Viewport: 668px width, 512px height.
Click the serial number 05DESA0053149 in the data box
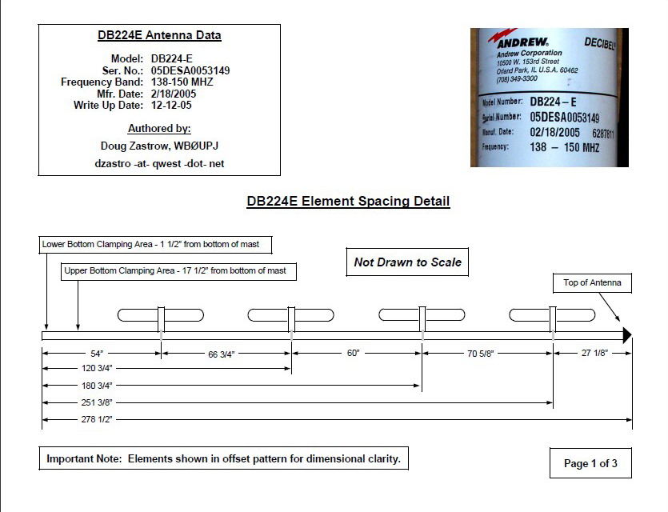tap(190, 70)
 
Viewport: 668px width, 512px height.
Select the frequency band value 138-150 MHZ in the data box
tap(182, 82)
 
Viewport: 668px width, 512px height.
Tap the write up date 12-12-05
tap(171, 106)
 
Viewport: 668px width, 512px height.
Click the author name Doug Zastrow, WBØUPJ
tap(159, 146)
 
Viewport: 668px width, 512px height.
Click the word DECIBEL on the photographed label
tap(600, 43)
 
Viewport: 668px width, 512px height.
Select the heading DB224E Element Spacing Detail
tap(348, 201)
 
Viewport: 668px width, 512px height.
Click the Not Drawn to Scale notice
tap(407, 262)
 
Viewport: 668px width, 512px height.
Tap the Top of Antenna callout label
tap(592, 283)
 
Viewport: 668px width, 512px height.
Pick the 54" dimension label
tap(97, 354)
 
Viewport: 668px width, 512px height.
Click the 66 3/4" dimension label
tap(221, 354)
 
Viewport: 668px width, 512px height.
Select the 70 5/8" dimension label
tap(480, 354)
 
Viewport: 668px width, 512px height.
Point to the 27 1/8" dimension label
tap(594, 353)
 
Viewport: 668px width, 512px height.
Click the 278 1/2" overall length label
tap(97, 419)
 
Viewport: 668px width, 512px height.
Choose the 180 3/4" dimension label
tap(97, 386)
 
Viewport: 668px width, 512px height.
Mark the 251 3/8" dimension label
tap(97, 402)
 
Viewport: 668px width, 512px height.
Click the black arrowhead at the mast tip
tap(627, 335)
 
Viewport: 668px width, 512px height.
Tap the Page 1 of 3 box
tap(590, 463)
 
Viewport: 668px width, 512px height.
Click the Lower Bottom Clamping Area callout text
tap(150, 245)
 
